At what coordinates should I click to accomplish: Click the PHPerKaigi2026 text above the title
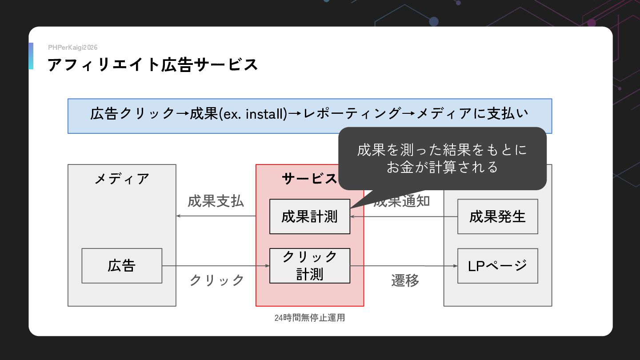[x=72, y=48]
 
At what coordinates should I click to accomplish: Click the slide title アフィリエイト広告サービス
[x=152, y=65]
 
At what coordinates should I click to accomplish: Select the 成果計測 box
[x=309, y=216]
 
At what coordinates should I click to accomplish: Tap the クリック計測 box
[x=309, y=266]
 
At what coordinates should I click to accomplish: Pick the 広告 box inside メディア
[x=122, y=266]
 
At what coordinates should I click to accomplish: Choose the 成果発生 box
[x=497, y=216]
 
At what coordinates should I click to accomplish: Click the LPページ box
[x=497, y=266]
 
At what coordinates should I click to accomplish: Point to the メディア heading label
[x=122, y=179]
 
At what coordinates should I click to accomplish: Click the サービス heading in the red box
[x=309, y=179]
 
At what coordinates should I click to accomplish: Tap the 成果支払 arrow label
[x=216, y=201]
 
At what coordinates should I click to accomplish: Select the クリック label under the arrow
[x=216, y=280]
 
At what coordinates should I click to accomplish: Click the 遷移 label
[x=405, y=280]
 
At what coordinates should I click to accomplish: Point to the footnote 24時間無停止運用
[x=309, y=318]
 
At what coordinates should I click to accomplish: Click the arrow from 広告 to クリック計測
[x=216, y=266]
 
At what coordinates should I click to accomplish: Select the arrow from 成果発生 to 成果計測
[x=404, y=216]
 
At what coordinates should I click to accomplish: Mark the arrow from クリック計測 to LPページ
[x=404, y=266]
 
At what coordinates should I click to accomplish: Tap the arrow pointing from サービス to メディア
[x=216, y=216]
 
